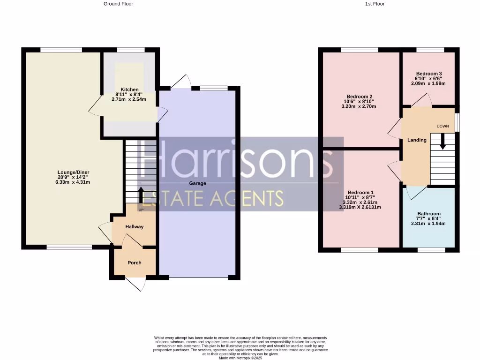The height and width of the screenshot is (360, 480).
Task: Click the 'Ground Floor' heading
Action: [x=118, y=4]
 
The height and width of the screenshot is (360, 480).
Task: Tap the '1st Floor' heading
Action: [x=375, y=4]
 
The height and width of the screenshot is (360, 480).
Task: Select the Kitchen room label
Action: [x=129, y=90]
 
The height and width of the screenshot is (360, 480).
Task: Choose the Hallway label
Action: [x=134, y=227]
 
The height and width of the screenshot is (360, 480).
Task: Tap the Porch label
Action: [x=134, y=262]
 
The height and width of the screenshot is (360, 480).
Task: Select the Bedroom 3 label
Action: [x=429, y=74]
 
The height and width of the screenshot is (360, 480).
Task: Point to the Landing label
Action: [x=417, y=140]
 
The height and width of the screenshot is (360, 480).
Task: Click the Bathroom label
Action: [x=429, y=214]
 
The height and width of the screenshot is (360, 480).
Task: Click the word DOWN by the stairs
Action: [x=442, y=127]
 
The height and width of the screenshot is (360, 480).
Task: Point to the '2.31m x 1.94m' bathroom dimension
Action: [x=429, y=224]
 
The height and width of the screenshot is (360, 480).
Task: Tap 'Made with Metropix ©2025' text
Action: [x=241, y=358]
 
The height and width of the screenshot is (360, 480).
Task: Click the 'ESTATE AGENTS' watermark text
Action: [x=213, y=198]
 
